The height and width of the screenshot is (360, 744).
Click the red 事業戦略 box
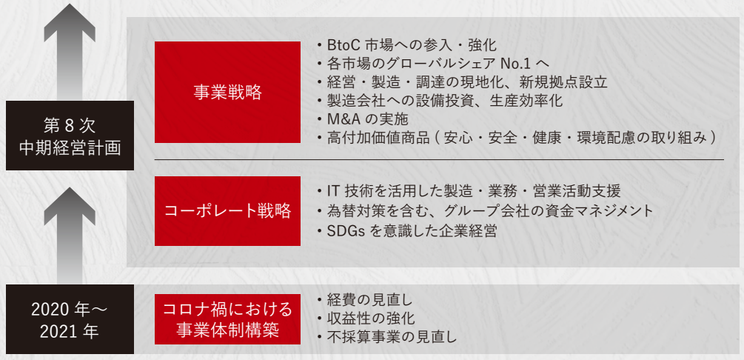(227, 92)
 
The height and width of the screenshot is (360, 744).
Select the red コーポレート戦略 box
(227, 211)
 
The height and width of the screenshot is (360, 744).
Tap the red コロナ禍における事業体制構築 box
(227, 319)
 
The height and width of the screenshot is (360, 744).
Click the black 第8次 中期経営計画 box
(70, 136)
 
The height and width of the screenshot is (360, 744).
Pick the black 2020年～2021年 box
(70, 319)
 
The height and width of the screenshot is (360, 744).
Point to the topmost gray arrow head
(70, 22)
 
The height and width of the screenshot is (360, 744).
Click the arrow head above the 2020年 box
(70, 206)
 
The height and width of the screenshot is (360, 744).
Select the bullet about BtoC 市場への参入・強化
(406, 45)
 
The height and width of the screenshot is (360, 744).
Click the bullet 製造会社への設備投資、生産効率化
(440, 100)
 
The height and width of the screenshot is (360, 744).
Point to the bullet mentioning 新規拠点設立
(462, 81)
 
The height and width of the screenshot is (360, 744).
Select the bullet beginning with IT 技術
(469, 192)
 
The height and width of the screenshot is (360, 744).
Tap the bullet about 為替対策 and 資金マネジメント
(485, 211)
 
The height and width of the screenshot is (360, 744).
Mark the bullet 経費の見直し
(364, 300)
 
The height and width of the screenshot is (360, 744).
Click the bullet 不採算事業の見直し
(386, 337)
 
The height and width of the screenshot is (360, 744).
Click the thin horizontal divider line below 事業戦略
(440, 159)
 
